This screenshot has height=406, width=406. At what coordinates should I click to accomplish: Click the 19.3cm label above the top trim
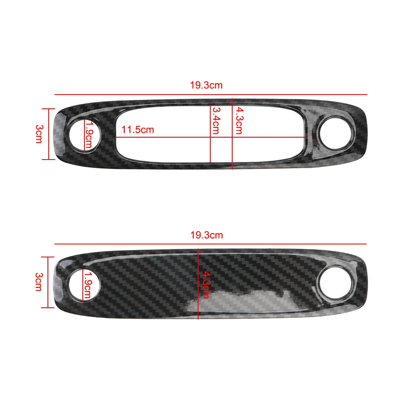pyautogui.click(x=206, y=86)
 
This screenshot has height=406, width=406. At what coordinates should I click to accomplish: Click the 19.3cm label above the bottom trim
pyautogui.click(x=206, y=235)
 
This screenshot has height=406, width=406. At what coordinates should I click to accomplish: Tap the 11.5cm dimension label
pyautogui.click(x=138, y=130)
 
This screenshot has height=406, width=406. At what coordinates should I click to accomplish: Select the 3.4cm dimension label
pyautogui.click(x=216, y=120)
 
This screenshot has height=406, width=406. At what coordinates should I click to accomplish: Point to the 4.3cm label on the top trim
pyautogui.click(x=238, y=120)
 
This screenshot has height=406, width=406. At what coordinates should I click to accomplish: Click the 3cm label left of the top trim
pyautogui.click(x=39, y=134)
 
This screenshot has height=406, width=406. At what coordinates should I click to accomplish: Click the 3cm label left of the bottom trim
pyautogui.click(x=39, y=282)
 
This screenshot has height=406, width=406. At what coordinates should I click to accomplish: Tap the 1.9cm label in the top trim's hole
pyautogui.click(x=89, y=135)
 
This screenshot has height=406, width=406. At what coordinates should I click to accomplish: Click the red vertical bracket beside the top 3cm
pyautogui.click(x=49, y=134)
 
